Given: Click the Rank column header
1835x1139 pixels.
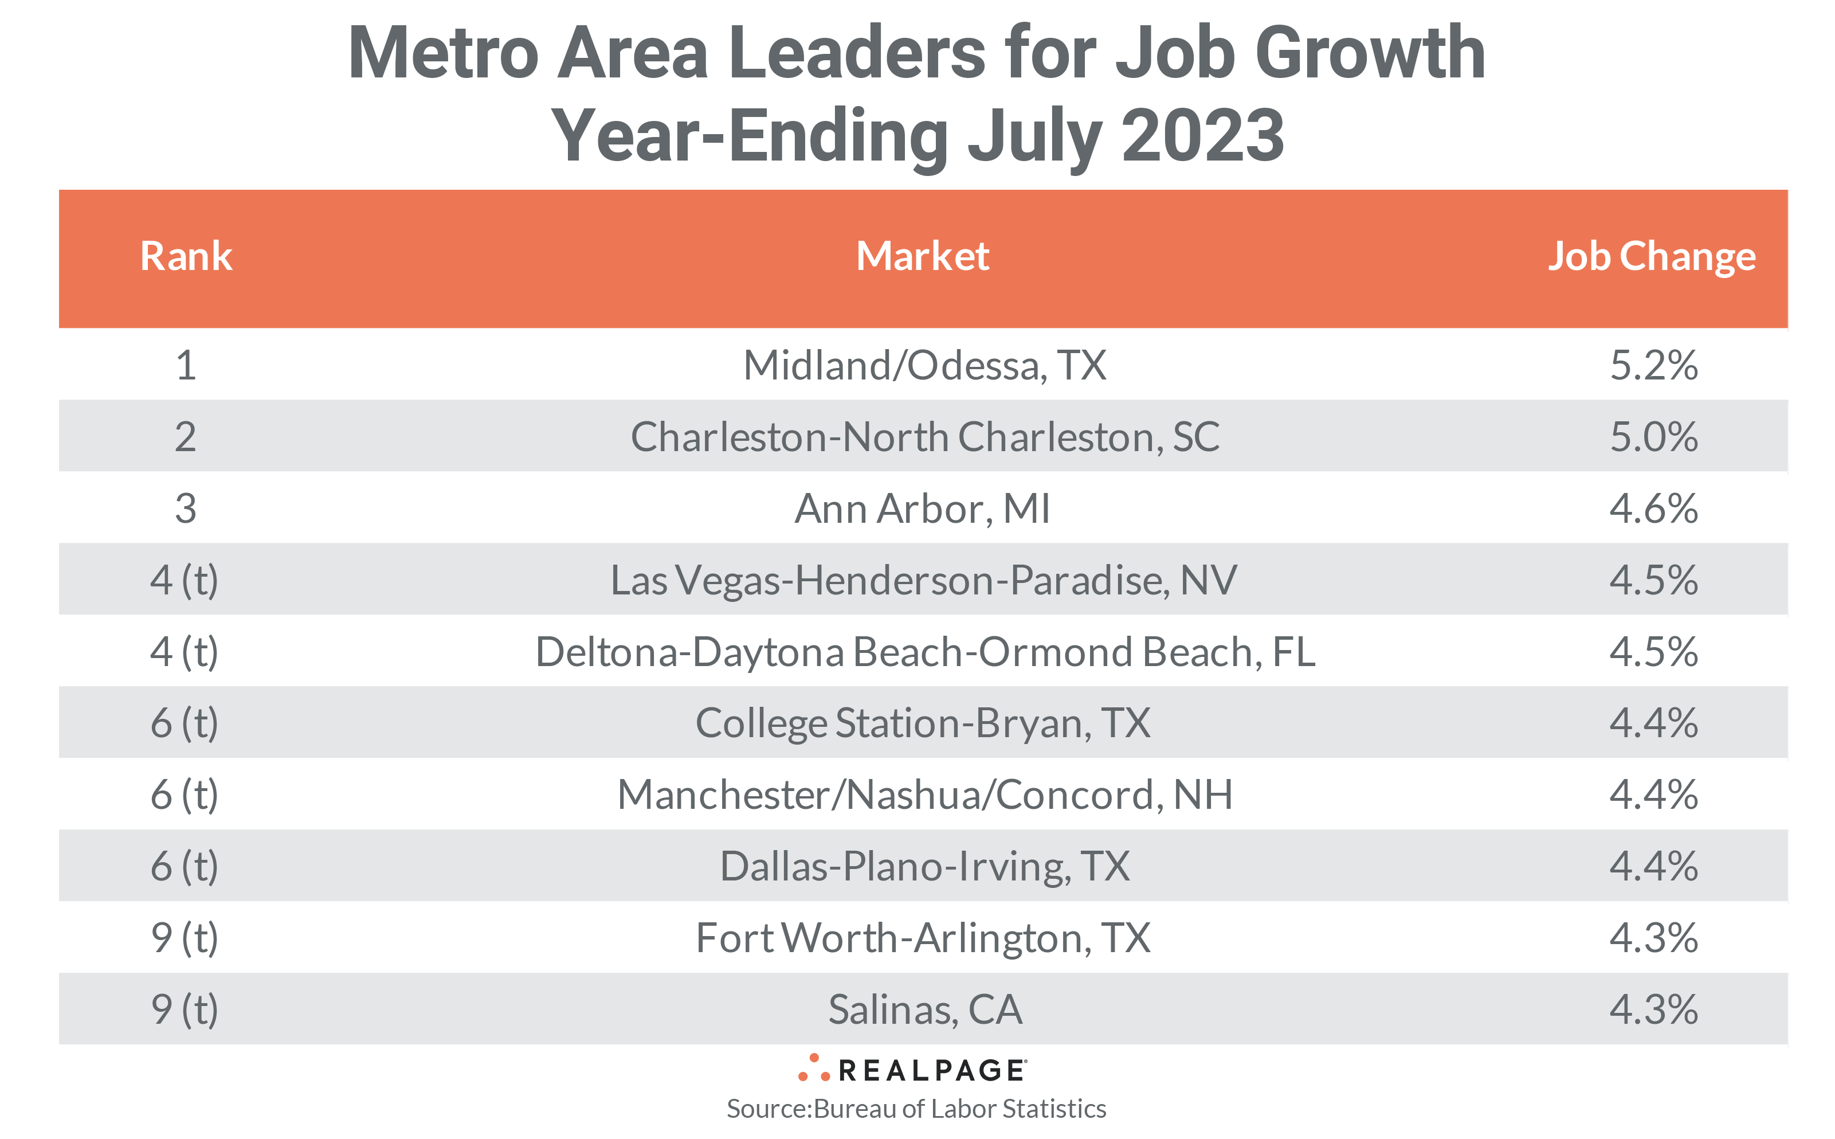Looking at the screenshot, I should tap(186, 256).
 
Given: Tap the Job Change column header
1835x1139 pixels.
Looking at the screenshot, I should tap(1650, 256).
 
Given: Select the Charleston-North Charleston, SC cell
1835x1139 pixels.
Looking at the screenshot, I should tap(924, 437).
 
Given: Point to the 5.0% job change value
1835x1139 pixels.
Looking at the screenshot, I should tap(1653, 437).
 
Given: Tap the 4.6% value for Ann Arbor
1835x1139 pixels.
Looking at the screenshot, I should tap(1653, 508).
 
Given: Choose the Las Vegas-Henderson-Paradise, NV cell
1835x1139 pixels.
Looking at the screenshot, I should tap(923, 580).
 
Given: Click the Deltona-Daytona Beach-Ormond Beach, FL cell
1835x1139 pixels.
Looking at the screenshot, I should tap(924, 652).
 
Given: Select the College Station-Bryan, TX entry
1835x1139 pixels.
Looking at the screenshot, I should tap(923, 723).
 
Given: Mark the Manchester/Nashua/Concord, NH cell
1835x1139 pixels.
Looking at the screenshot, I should tap(924, 794).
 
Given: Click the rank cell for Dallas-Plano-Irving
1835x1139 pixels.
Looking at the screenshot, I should tap(185, 866).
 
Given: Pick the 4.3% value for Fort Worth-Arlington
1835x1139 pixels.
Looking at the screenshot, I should tap(1653, 938).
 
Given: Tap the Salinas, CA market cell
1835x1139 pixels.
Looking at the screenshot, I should tap(924, 1009).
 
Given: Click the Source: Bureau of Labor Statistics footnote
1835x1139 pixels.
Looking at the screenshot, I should tap(916, 1109).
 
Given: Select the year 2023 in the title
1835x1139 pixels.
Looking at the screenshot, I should tap(1202, 136).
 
